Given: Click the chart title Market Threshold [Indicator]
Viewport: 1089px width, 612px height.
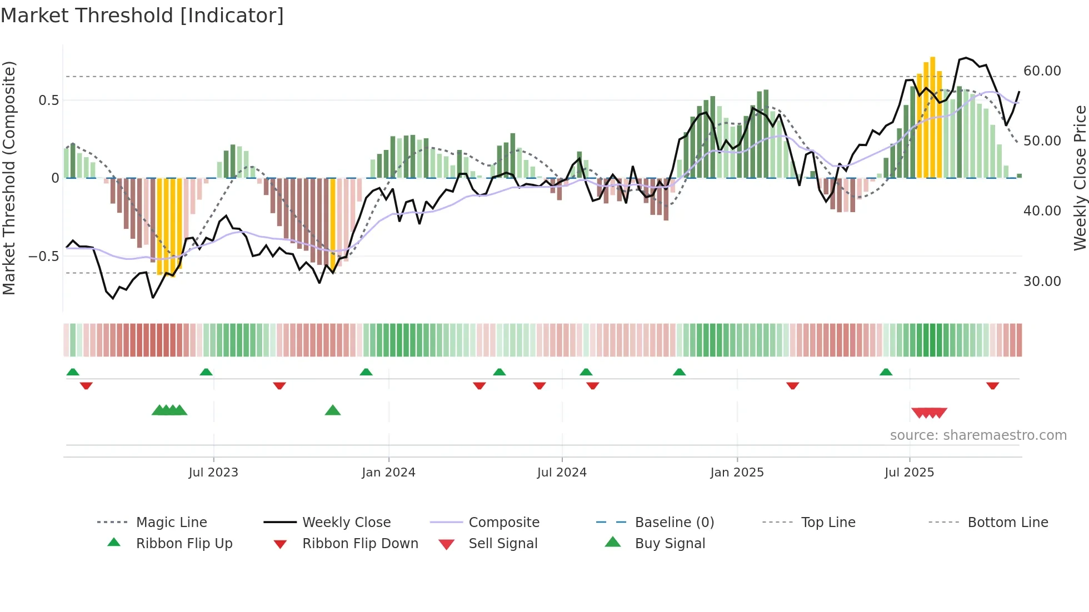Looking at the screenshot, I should click(x=142, y=16).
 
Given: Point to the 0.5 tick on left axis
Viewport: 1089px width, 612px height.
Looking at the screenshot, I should click(x=48, y=101).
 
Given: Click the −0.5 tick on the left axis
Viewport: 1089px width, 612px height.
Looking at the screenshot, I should click(x=44, y=257).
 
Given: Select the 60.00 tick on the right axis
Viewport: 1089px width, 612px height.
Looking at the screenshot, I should click(x=1042, y=71).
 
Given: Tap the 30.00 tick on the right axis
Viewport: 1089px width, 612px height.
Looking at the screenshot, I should click(x=1042, y=282).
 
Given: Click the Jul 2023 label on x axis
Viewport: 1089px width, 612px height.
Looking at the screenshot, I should click(x=213, y=473).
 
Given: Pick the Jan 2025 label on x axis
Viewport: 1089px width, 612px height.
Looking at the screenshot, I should click(x=737, y=473).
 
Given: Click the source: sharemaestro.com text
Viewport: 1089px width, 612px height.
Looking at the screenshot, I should click(x=978, y=435).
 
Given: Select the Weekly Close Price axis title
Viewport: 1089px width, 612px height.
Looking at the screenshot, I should click(x=1079, y=178).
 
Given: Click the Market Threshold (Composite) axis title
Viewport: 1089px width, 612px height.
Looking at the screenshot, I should click(x=9, y=178).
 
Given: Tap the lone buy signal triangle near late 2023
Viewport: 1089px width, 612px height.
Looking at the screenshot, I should click(x=332, y=411).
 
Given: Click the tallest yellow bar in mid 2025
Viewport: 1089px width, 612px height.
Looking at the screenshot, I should click(x=933, y=117).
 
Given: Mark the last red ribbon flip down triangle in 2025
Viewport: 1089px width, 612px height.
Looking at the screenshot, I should click(x=992, y=385).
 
